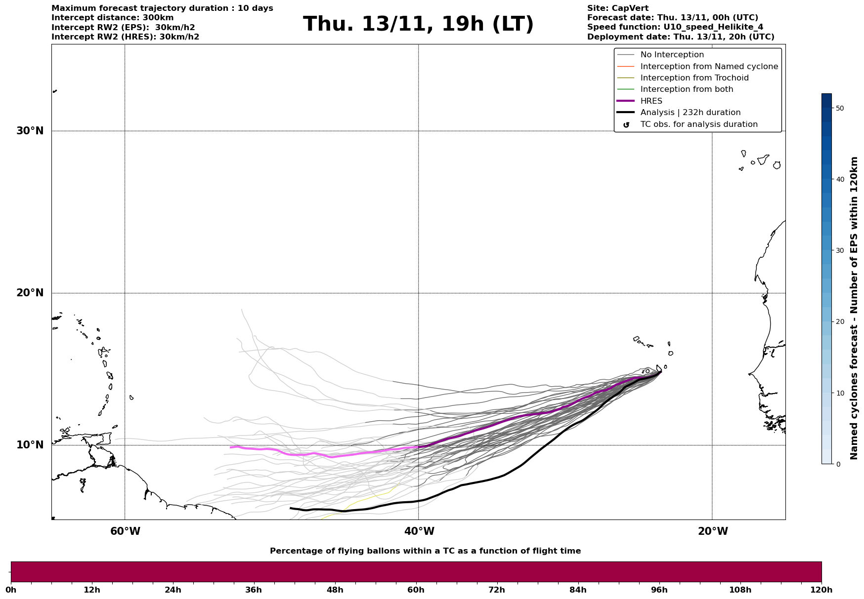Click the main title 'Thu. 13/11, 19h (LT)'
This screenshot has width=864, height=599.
(418, 24)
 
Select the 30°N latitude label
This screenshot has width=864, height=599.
(30, 131)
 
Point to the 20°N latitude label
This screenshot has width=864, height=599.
(30, 293)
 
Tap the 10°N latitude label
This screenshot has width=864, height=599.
(30, 445)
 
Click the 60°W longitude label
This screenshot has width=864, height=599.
(125, 531)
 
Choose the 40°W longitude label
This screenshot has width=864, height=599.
(419, 531)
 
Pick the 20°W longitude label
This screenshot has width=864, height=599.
(713, 531)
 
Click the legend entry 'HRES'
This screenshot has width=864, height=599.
(651, 101)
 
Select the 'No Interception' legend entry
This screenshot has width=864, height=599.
(672, 55)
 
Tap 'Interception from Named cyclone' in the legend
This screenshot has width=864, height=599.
(709, 67)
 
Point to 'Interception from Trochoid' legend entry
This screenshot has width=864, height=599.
(694, 78)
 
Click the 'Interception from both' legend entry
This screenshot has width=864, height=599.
(687, 89)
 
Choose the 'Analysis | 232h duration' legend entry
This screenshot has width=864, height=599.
(690, 113)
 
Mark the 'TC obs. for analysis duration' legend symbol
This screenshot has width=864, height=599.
(626, 125)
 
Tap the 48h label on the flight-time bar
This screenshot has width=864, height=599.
(335, 590)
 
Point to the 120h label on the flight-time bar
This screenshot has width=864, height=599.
(822, 590)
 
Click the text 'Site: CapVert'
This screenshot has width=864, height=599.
(617, 8)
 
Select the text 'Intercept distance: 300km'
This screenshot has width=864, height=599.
(112, 18)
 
